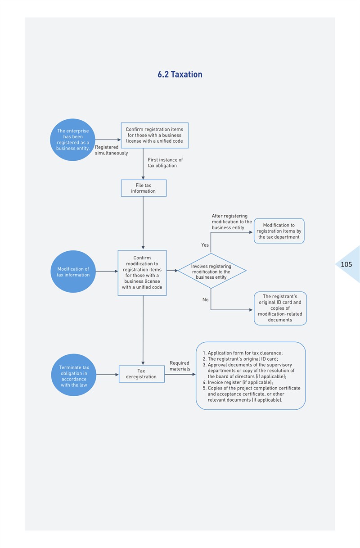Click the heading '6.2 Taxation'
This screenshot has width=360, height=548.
180,74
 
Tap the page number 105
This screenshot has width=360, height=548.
346,264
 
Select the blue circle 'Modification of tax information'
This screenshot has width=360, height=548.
73,272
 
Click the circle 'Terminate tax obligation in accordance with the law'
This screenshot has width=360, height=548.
74,375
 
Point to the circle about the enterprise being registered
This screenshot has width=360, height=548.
72,140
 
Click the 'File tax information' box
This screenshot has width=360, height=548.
144,188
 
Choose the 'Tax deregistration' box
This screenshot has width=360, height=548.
142,374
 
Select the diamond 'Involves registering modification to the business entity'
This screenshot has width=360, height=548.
211,271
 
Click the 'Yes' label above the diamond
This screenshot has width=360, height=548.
205,245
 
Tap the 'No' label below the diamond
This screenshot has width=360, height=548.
206,300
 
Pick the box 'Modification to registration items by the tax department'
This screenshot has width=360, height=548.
279,231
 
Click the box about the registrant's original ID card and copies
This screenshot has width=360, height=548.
280,308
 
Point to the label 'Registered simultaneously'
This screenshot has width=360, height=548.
111,150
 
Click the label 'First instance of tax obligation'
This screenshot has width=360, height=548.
165,163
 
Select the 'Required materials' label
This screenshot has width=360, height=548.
180,366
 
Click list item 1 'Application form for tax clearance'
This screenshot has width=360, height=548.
243,353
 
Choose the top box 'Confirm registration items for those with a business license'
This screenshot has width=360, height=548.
154,135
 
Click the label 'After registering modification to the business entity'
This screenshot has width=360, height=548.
232,222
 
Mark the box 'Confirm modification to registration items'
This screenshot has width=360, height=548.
142,273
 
